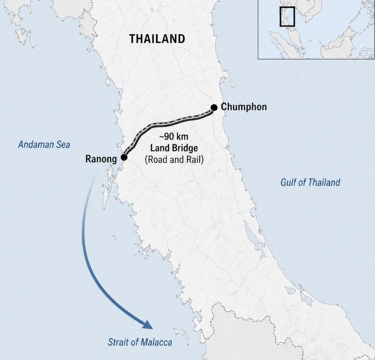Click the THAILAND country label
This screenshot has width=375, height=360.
click(157, 39)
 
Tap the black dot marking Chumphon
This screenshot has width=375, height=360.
click(214, 107)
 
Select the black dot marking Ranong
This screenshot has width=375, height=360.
click(124, 157)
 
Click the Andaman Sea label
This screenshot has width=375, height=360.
click(44, 145)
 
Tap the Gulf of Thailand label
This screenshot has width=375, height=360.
click(310, 183)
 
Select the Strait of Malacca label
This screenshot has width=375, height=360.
click(140, 342)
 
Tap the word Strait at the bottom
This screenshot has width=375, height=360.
click(118, 342)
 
